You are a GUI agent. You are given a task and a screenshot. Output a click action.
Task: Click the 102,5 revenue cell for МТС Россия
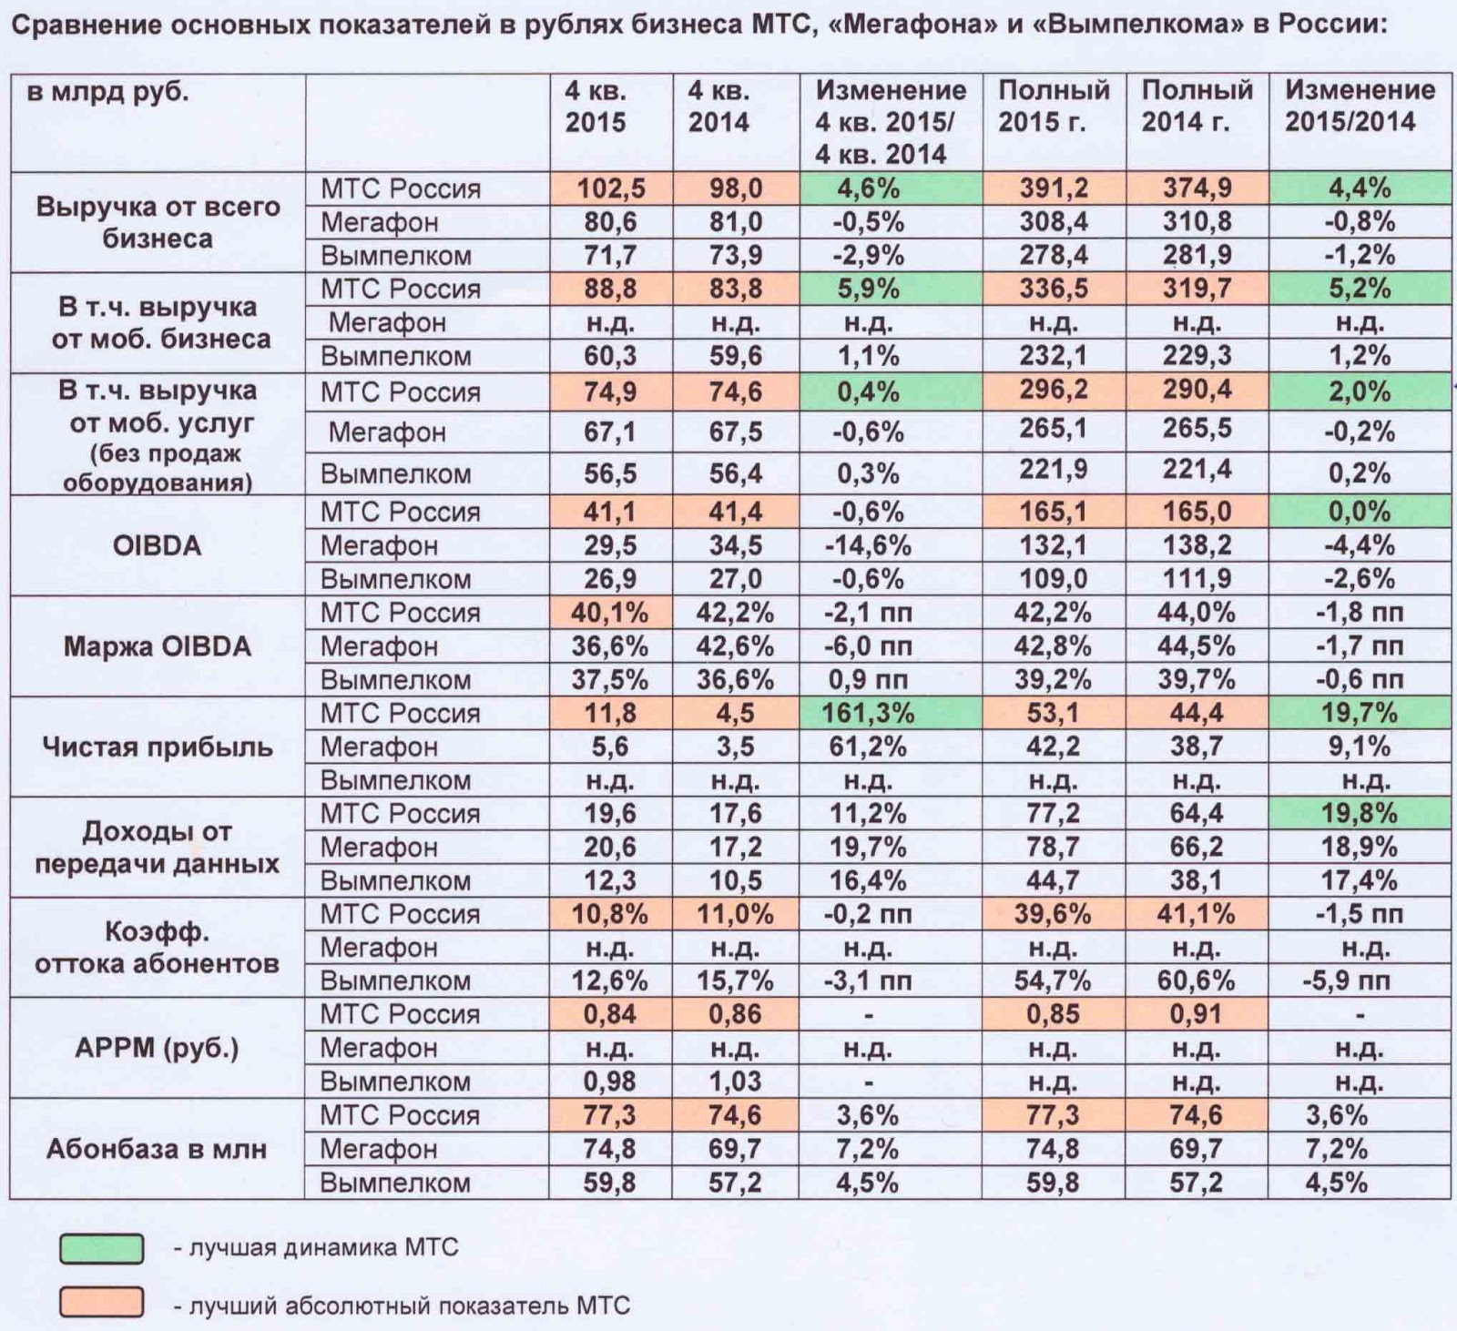pos(610,188)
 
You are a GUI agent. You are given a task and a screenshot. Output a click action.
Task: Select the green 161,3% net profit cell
pos(868,713)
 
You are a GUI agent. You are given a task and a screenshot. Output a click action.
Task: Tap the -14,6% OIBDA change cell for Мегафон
pos(868,545)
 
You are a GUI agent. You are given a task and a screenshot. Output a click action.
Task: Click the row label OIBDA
pos(157,545)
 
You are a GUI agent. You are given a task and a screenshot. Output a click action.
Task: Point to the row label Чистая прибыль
pos(157,747)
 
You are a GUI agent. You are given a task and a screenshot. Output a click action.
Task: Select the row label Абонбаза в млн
pos(157,1149)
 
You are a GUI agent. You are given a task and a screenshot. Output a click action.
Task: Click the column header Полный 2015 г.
pos(1053,106)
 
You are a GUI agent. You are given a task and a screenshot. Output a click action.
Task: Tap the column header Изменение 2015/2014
pos(1359,106)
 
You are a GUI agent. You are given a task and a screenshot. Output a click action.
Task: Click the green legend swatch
pos(101,1248)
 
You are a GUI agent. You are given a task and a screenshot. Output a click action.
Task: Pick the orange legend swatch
pos(101,1303)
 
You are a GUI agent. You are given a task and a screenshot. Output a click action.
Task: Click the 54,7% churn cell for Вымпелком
pos(1053,981)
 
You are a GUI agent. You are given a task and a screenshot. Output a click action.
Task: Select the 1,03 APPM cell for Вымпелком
pos(735,1082)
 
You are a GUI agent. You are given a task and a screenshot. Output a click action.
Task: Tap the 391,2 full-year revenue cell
pos(1053,188)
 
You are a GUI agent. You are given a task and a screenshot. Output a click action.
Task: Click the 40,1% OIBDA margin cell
pos(610,613)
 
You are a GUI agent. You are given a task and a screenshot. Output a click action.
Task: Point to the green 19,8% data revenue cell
pos(1359,814)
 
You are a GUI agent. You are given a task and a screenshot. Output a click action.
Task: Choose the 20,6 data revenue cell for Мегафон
pos(610,848)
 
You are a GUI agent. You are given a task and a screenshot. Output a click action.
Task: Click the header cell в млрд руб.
pos(107,92)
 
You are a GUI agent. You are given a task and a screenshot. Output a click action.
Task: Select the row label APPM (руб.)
pos(157,1048)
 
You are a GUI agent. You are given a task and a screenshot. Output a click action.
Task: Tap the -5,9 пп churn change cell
pos(1359,981)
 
